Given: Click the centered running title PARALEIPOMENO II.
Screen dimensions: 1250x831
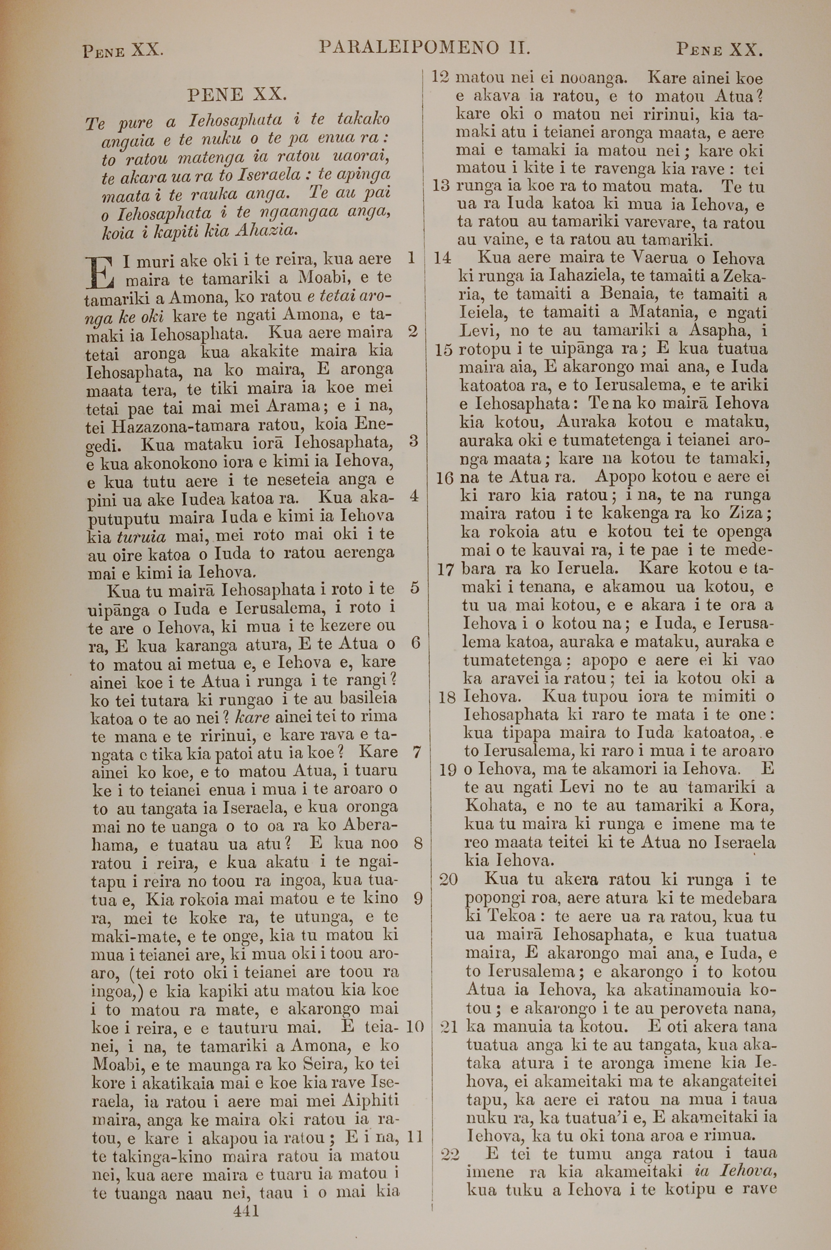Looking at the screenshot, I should [x=425, y=48].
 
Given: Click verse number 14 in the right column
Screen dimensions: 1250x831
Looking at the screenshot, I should [x=442, y=258].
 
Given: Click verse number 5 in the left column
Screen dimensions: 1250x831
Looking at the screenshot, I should [x=414, y=588].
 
